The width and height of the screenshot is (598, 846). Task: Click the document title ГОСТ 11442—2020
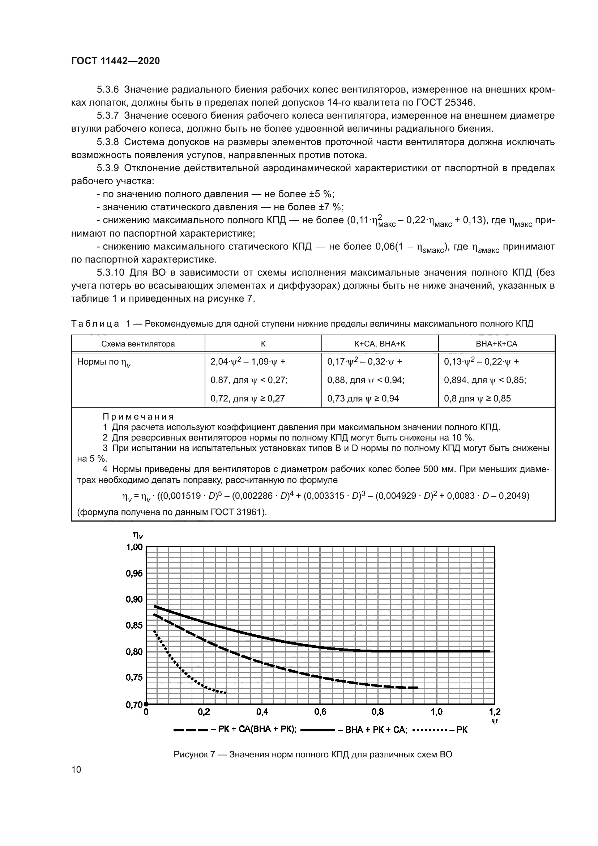pos(115,61)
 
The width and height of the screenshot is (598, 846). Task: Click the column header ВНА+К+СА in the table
pos(496,344)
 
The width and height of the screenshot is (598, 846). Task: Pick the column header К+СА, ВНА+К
pos(380,344)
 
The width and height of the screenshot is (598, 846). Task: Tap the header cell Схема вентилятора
pos(138,344)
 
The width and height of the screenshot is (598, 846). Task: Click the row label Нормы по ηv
pos(103,362)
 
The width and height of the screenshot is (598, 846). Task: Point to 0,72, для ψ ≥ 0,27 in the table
pos(247,398)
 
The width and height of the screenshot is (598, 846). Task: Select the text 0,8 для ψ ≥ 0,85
pos(477,398)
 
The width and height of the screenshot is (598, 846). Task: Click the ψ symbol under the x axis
pos(495,722)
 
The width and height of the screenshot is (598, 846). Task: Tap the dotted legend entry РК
pos(462,730)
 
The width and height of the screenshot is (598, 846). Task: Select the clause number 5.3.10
pos(110,273)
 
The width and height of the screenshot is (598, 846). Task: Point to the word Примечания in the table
pos(138,417)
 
